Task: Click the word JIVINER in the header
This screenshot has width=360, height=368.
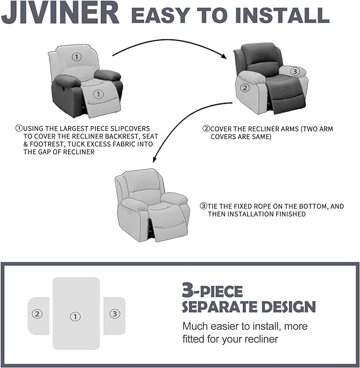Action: [x=60, y=14]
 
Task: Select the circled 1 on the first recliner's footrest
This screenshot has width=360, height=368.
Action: [x=97, y=94]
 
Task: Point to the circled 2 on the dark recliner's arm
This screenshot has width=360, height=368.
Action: [x=244, y=88]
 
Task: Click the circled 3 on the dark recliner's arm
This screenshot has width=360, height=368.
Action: [x=295, y=71]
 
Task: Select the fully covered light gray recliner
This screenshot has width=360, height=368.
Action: [x=152, y=204]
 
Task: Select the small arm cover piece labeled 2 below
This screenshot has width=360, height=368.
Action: [x=38, y=314]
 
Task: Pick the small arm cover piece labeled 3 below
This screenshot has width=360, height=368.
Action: [x=114, y=314]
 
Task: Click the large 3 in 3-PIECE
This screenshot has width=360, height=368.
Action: [x=187, y=291]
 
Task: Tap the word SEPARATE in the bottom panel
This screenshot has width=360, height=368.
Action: [x=217, y=306]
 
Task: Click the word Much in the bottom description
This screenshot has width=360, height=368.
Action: [x=194, y=326]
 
